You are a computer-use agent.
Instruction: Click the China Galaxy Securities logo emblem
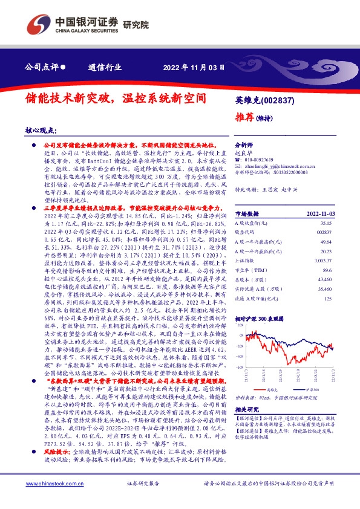tap(38, 24)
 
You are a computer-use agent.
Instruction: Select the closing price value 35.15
tap(326, 223)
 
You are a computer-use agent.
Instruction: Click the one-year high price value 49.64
tap(326, 240)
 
